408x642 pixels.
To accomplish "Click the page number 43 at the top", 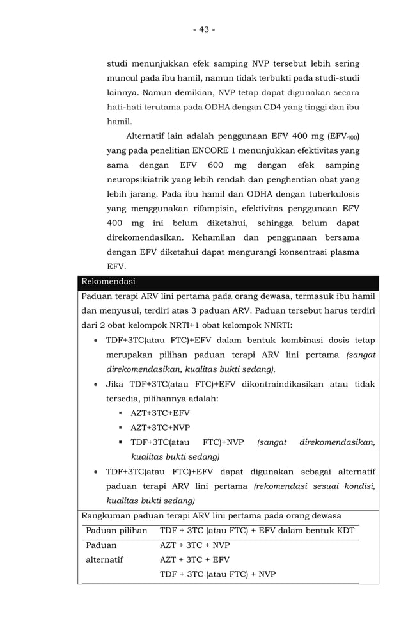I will (203, 29).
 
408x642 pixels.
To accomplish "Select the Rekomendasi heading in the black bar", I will (108, 282).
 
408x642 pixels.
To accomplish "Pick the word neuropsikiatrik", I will (142, 180).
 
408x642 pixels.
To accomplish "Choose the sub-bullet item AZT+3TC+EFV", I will (160, 413).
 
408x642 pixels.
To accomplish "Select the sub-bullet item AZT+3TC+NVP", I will (160, 428).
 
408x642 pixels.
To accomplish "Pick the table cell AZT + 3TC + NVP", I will (194, 545).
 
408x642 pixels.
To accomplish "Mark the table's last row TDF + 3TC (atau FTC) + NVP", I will (217, 574).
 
